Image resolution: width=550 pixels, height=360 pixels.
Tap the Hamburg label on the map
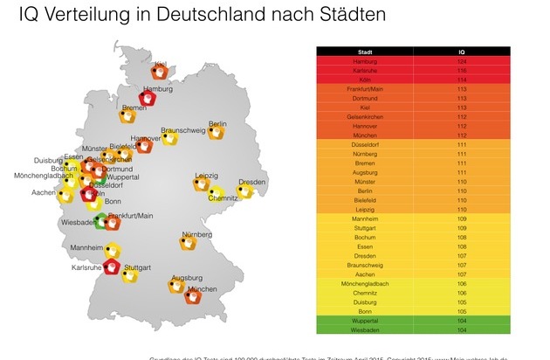[158, 89]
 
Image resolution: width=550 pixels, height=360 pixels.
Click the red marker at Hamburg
[148, 100]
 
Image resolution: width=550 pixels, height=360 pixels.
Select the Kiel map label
[161, 64]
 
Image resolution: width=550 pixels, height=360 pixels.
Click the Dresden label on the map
[251, 181]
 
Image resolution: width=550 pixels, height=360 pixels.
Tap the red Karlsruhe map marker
[112, 267]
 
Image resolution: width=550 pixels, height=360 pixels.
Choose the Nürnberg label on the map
[197, 234]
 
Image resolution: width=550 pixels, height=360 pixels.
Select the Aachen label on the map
[44, 192]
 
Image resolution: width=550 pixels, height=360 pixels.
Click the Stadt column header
[365, 52]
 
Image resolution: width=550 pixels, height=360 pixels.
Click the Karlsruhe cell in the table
[365, 72]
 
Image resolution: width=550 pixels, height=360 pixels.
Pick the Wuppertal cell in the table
[365, 322]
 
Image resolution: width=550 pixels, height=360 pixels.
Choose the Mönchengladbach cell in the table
[365, 283]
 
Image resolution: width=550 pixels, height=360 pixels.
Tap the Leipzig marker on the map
[203, 184]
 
